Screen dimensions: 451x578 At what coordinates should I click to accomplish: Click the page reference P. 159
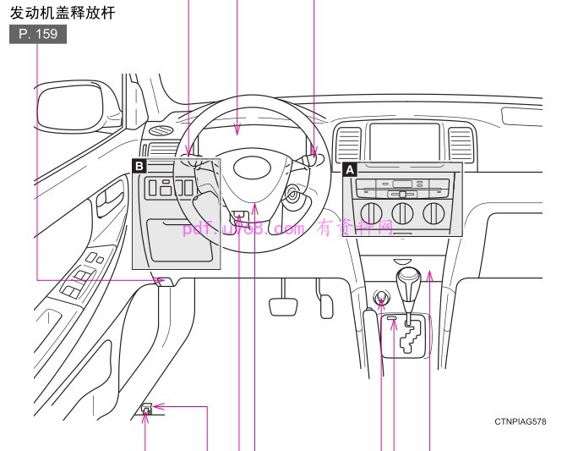[37, 36]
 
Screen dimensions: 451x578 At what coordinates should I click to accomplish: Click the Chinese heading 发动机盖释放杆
[62, 14]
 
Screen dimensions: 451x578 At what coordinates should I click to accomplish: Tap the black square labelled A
[349, 169]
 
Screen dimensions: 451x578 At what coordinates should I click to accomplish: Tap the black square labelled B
[139, 167]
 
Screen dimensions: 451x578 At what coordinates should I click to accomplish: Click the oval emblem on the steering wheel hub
[251, 167]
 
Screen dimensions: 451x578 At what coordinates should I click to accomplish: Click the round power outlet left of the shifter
[381, 298]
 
